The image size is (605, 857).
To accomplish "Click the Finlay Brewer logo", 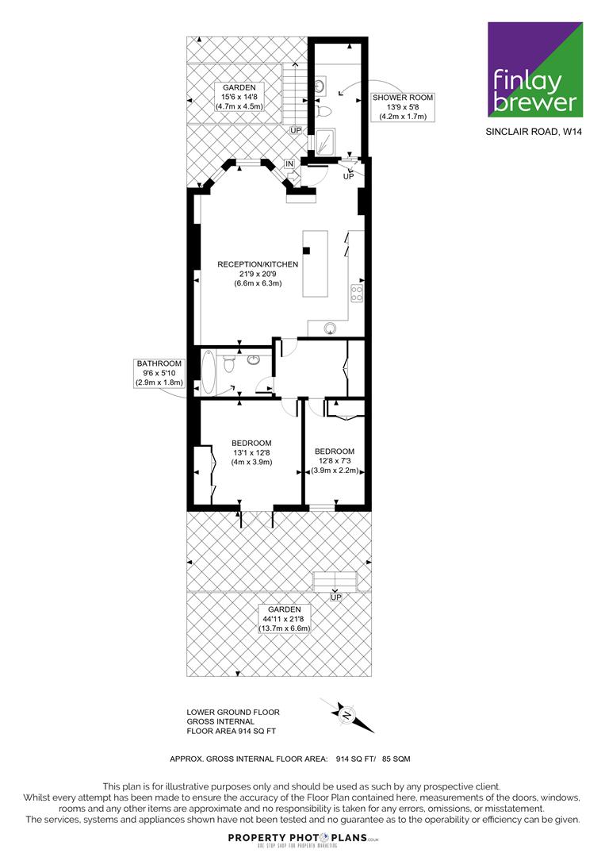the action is click(x=535, y=69).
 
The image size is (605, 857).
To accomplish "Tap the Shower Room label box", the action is click(x=403, y=107).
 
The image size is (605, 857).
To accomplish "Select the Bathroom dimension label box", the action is click(x=159, y=373).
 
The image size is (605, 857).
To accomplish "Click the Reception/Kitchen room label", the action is click(x=258, y=273).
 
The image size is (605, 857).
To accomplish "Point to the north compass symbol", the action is click(x=347, y=715).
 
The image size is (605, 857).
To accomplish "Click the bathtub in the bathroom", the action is click(x=209, y=372).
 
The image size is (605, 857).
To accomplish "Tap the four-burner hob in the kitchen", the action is click(x=357, y=293).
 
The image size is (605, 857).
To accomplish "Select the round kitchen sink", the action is click(x=331, y=328).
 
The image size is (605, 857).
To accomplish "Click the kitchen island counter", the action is click(x=316, y=264).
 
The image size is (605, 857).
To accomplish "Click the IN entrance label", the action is click(x=289, y=164).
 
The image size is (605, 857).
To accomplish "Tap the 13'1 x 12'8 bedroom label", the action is click(x=251, y=452).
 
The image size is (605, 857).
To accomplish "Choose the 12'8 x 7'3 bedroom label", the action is click(x=335, y=461).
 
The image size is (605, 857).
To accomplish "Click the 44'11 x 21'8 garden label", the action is click(x=284, y=619).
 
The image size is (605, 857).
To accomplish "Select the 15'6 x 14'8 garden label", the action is click(x=239, y=97).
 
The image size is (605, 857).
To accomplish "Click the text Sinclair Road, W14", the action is click(x=534, y=132).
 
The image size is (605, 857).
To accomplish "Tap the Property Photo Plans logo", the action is click(x=303, y=840).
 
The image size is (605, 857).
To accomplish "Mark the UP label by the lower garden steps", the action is click(x=336, y=598).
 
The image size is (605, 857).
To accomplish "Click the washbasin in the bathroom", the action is click(x=254, y=359).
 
